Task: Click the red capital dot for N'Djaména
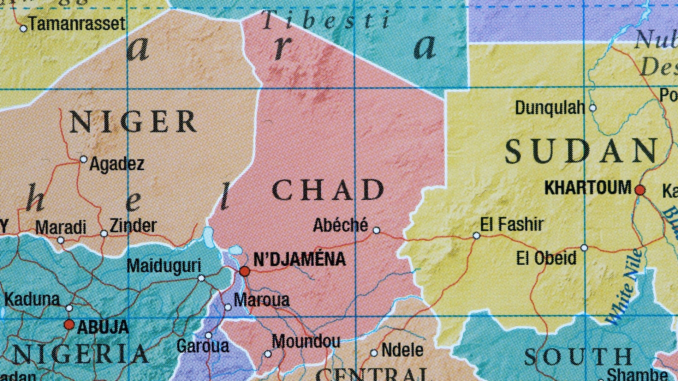pos(244,271)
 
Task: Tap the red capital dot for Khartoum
pos(640,190)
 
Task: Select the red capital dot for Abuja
pos(69,324)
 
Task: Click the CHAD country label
pos(328,190)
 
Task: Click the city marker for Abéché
pos(376,230)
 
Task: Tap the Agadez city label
pos(117,164)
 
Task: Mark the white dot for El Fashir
pos(476,235)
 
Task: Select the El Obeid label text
pos(546,258)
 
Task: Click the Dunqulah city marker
pos(593,108)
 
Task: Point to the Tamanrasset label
pos(77,24)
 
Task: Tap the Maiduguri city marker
pos(201,278)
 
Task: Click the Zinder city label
pos(133,226)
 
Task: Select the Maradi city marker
pos(61,241)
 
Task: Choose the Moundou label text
pos(306,341)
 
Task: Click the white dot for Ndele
pos(374,353)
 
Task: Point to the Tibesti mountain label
pos(327,20)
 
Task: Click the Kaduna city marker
pos(70,308)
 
